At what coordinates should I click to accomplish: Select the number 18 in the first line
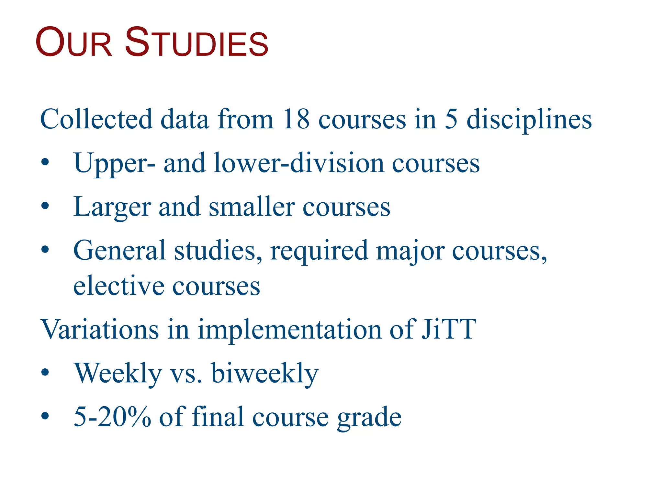pyautogui.click(x=296, y=119)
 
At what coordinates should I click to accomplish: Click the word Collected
pyautogui.click(x=96, y=119)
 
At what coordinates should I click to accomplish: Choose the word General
pyautogui.click(x=119, y=250)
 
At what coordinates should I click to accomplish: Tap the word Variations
pyautogui.click(x=99, y=329)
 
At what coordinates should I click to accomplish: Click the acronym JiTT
pyautogui.click(x=449, y=329)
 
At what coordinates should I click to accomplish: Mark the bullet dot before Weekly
pyautogui.click(x=45, y=373)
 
